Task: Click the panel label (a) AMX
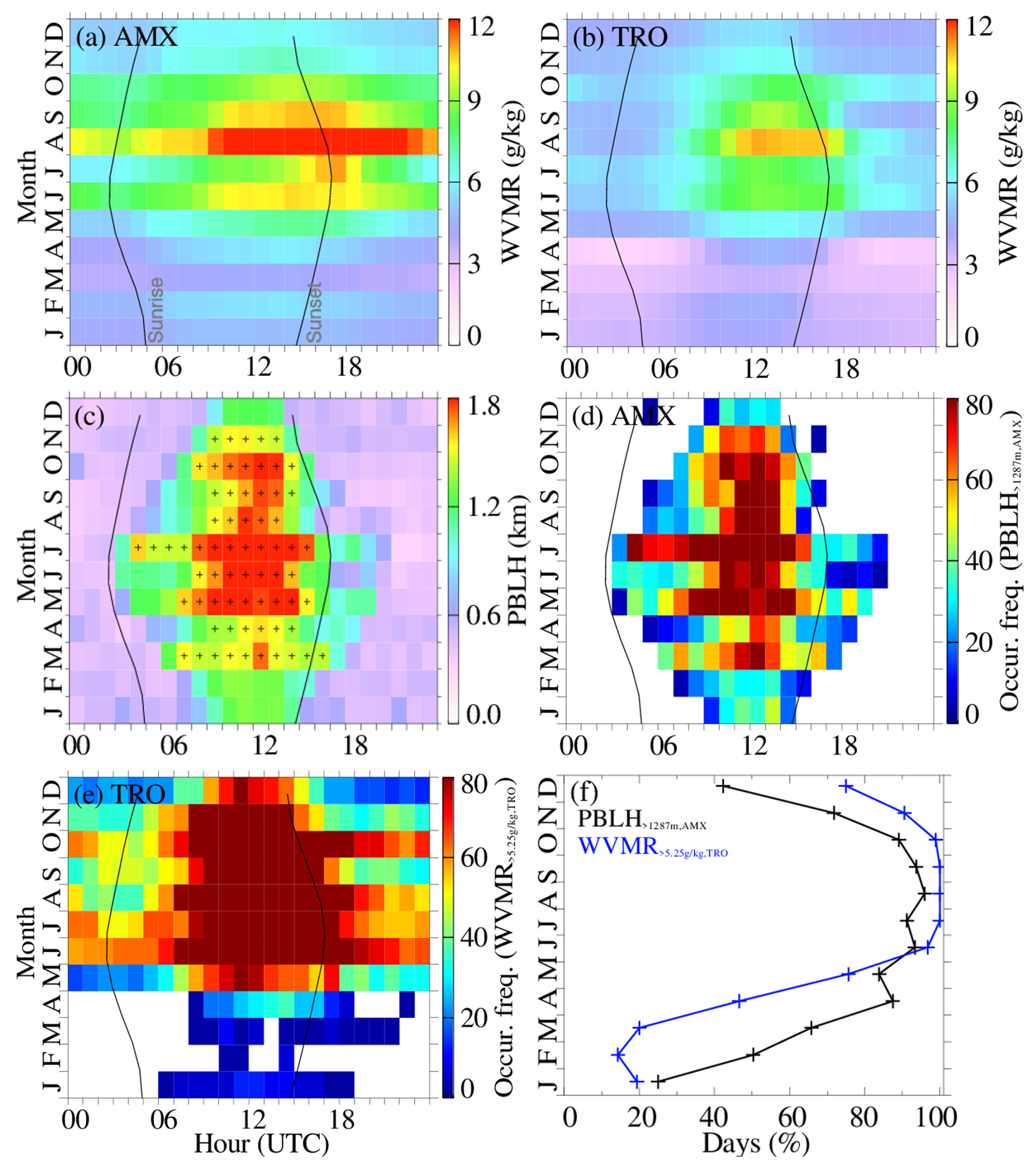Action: coord(127,38)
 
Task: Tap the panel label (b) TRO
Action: coord(620,38)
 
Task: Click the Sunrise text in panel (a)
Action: coord(156,309)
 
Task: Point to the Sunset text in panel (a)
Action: coord(315,313)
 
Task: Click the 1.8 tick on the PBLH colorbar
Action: coord(484,406)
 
